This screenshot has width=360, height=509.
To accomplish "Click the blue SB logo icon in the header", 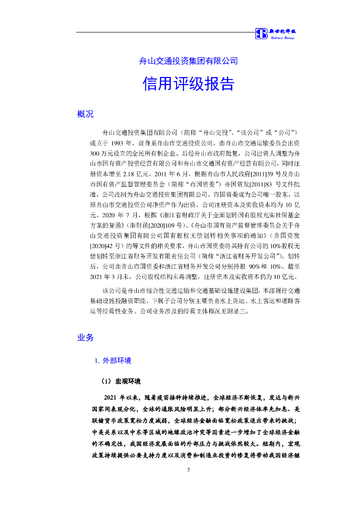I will click(x=262, y=34).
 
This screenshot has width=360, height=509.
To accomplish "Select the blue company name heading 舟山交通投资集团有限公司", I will click(x=188, y=61).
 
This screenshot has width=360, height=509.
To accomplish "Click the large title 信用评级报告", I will click(x=188, y=84).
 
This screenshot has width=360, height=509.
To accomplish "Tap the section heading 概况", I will click(x=85, y=114).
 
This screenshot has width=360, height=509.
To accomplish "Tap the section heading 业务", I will click(x=85, y=338).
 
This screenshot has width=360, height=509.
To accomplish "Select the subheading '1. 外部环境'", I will click(x=113, y=361).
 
